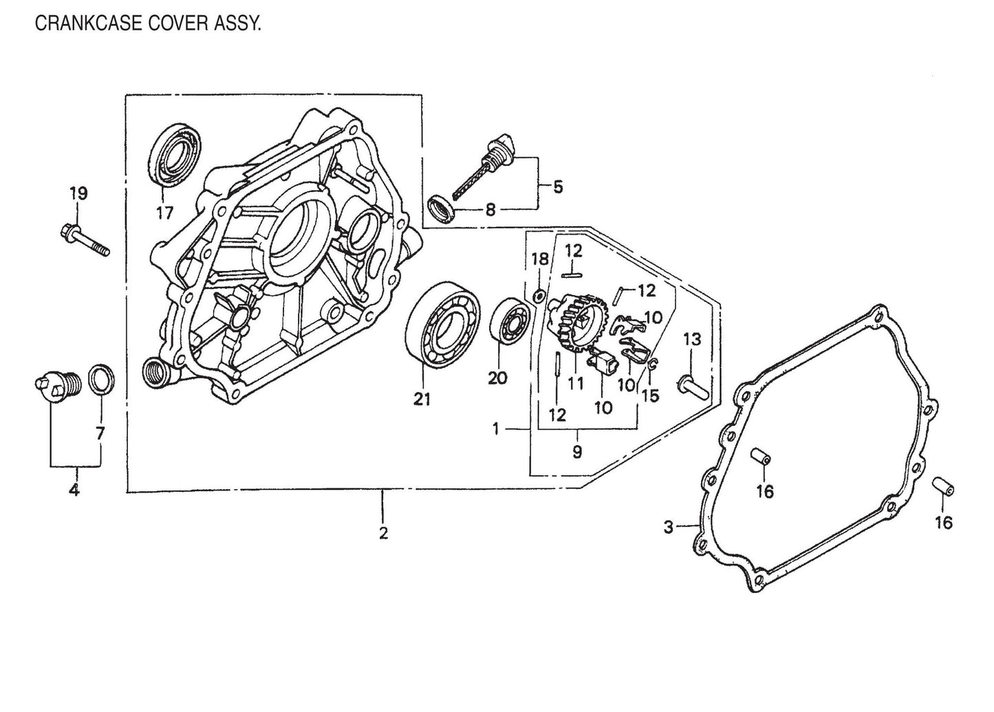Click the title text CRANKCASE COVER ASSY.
pos(148,25)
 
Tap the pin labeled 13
pos(690,383)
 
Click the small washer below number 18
pos(541,296)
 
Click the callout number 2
pos(383,533)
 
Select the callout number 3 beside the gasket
pos(668,528)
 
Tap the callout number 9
pos(577,452)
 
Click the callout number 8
pos(490,209)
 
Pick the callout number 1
pos(496,429)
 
